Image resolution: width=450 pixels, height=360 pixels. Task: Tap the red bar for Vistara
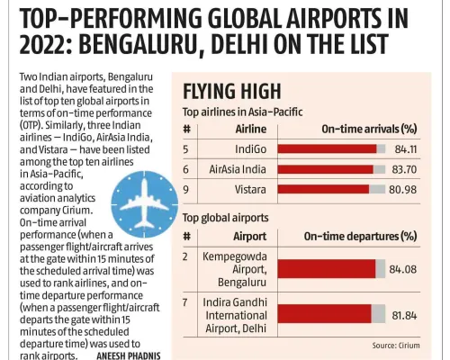tap(323, 189)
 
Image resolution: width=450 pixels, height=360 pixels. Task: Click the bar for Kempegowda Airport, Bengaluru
tap(327, 267)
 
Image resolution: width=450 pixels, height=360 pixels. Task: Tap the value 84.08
tap(403, 267)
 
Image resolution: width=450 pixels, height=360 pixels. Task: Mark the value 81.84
tap(403, 312)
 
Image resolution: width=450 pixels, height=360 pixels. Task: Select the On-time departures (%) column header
tap(360, 237)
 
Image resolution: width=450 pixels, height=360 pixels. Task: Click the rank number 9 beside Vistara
tap(186, 189)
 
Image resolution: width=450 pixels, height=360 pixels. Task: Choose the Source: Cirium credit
tap(397, 345)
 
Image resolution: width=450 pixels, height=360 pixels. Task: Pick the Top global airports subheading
tap(225, 218)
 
